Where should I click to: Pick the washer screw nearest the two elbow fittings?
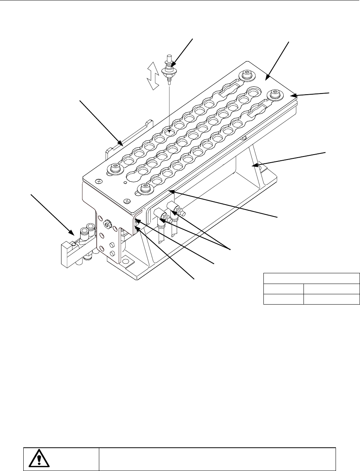pos(144,187)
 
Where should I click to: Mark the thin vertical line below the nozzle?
pos(168,103)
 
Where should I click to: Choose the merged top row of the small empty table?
pos(312,278)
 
